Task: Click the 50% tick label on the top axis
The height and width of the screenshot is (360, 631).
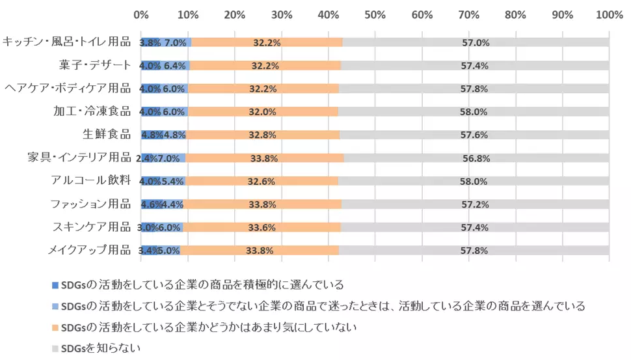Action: point(375,14)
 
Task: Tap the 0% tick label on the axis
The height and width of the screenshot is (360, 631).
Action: point(141,14)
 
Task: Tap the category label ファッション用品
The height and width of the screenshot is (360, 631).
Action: point(91,204)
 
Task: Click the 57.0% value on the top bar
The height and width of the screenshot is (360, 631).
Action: point(475,43)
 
